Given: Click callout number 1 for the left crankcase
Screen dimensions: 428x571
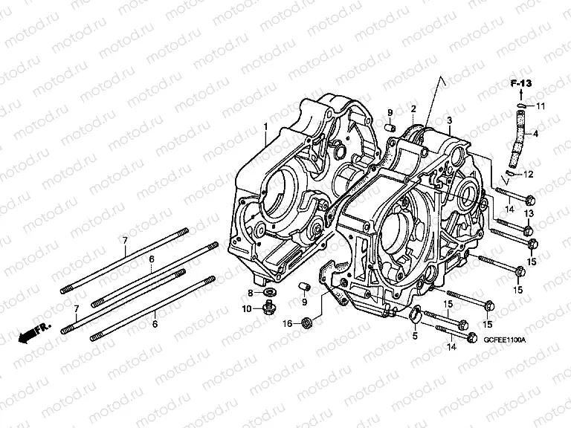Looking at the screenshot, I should tap(265, 129).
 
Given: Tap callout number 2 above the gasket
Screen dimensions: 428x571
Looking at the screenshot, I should tap(413, 108).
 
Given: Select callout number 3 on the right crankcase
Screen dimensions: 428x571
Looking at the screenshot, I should tap(449, 120).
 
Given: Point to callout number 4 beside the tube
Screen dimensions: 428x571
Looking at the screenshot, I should tap(535, 134).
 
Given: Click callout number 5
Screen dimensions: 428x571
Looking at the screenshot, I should tap(415, 337).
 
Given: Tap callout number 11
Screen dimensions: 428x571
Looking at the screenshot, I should tap(540, 107).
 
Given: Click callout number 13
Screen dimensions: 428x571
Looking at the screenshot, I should tap(529, 214).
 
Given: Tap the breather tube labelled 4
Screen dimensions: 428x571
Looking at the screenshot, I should tap(517, 138).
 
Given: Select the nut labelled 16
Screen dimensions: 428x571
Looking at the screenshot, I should tap(306, 322).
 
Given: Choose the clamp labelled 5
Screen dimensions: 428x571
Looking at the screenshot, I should tap(412, 317).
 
